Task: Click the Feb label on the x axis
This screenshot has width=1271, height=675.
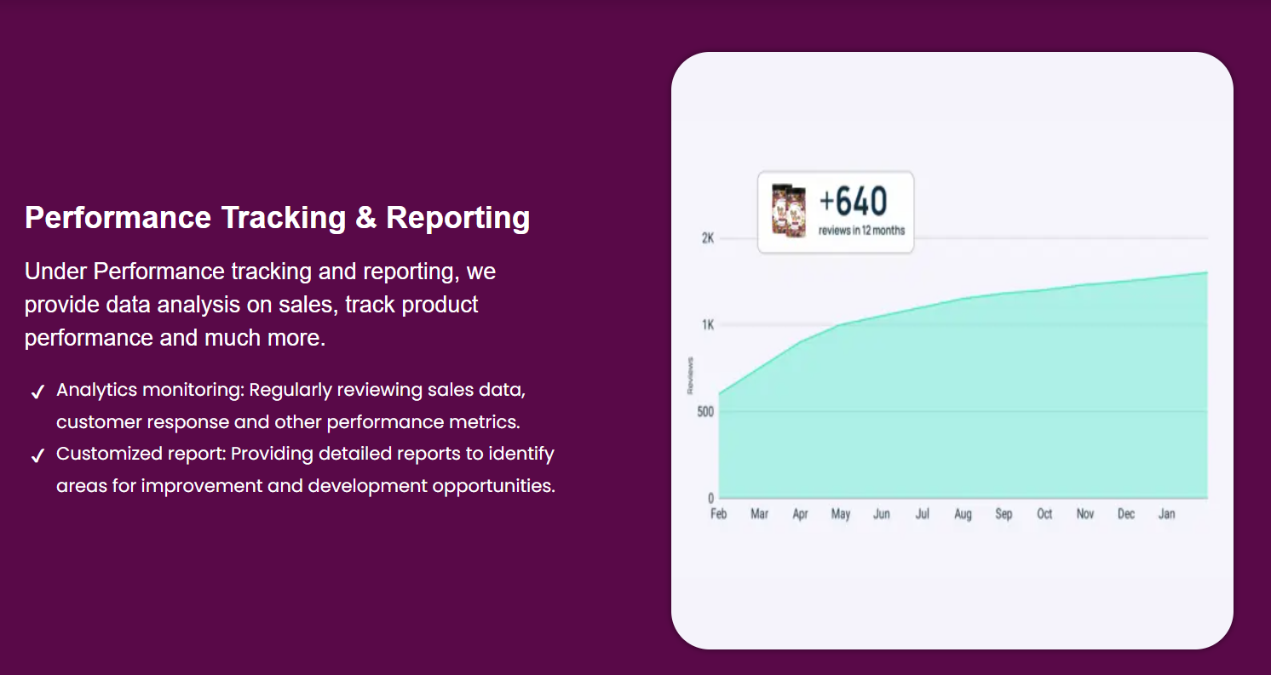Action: pos(718,514)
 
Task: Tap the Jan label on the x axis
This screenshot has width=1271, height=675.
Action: pos(1166,514)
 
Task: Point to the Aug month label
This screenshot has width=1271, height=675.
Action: pos(963,514)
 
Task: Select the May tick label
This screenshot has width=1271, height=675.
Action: pos(841,514)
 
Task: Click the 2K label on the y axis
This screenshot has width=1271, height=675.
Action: pos(707,238)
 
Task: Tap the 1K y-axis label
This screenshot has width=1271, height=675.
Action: pos(707,325)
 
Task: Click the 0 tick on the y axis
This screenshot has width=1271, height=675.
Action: pos(710,499)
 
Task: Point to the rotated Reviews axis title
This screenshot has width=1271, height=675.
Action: pos(690,375)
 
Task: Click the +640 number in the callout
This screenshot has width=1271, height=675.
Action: pos(853,202)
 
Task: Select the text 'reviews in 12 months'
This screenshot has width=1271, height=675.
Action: pos(861,231)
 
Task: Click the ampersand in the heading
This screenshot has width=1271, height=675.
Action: pos(365,218)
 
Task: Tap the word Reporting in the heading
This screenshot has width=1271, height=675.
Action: pos(457,218)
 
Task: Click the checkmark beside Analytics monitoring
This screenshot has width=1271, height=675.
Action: pos(37,392)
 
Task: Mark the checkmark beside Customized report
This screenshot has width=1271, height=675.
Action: pos(37,456)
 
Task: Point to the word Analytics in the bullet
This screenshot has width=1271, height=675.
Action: pos(96,390)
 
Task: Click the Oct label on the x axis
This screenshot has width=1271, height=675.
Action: pos(1044,514)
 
